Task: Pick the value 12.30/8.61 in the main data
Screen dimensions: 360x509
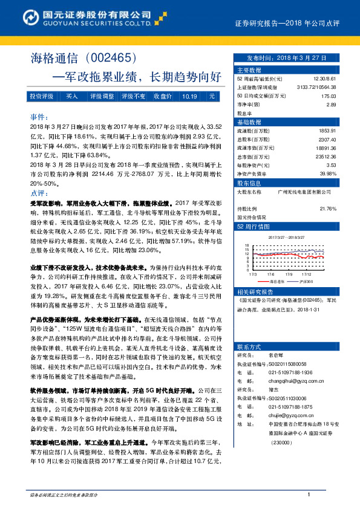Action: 325,79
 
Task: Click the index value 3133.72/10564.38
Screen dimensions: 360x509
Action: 316,87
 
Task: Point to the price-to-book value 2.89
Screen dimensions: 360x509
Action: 331,104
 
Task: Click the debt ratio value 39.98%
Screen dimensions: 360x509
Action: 327,173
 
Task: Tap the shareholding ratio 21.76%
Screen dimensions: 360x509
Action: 327,209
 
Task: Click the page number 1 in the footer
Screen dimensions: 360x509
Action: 309,495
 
